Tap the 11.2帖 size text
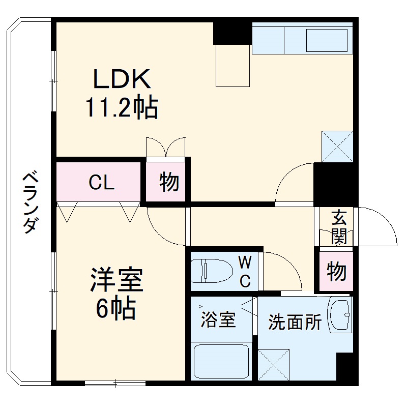click(x=121, y=108)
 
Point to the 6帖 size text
click(x=117, y=308)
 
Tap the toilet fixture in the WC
click(x=209, y=271)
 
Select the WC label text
click(x=245, y=272)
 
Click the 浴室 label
click(x=218, y=321)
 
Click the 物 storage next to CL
click(x=168, y=182)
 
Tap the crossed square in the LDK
click(x=337, y=147)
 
